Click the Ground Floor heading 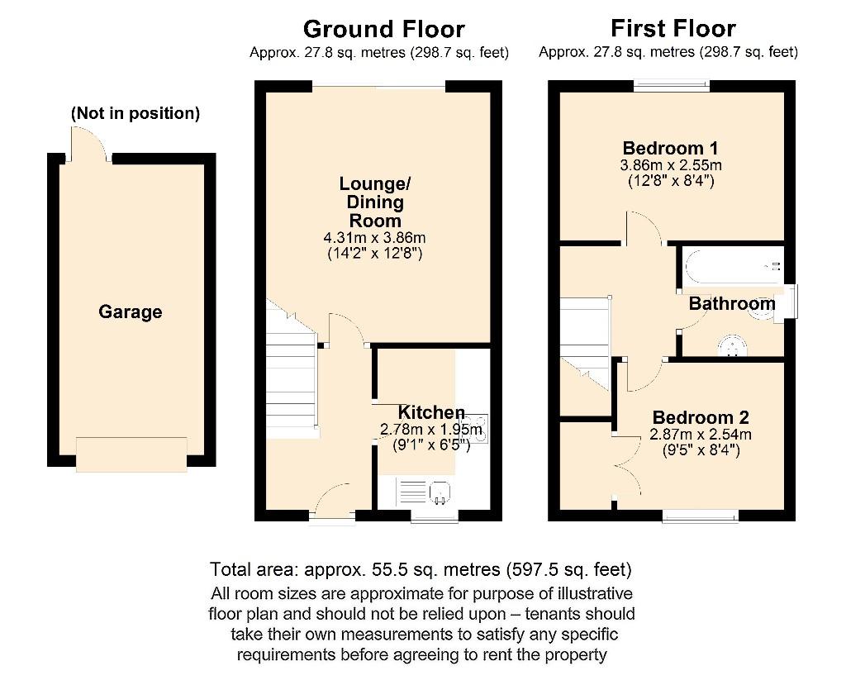[383, 29]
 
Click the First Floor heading [673, 29]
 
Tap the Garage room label [131, 312]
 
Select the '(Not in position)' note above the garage [135, 114]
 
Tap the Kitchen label [431, 412]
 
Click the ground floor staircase [291, 372]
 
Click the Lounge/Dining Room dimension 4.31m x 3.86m [373, 238]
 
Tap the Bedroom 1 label [669, 149]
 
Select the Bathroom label [732, 304]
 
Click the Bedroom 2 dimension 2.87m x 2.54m [701, 435]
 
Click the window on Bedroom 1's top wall [672, 85]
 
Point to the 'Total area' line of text [421, 569]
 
